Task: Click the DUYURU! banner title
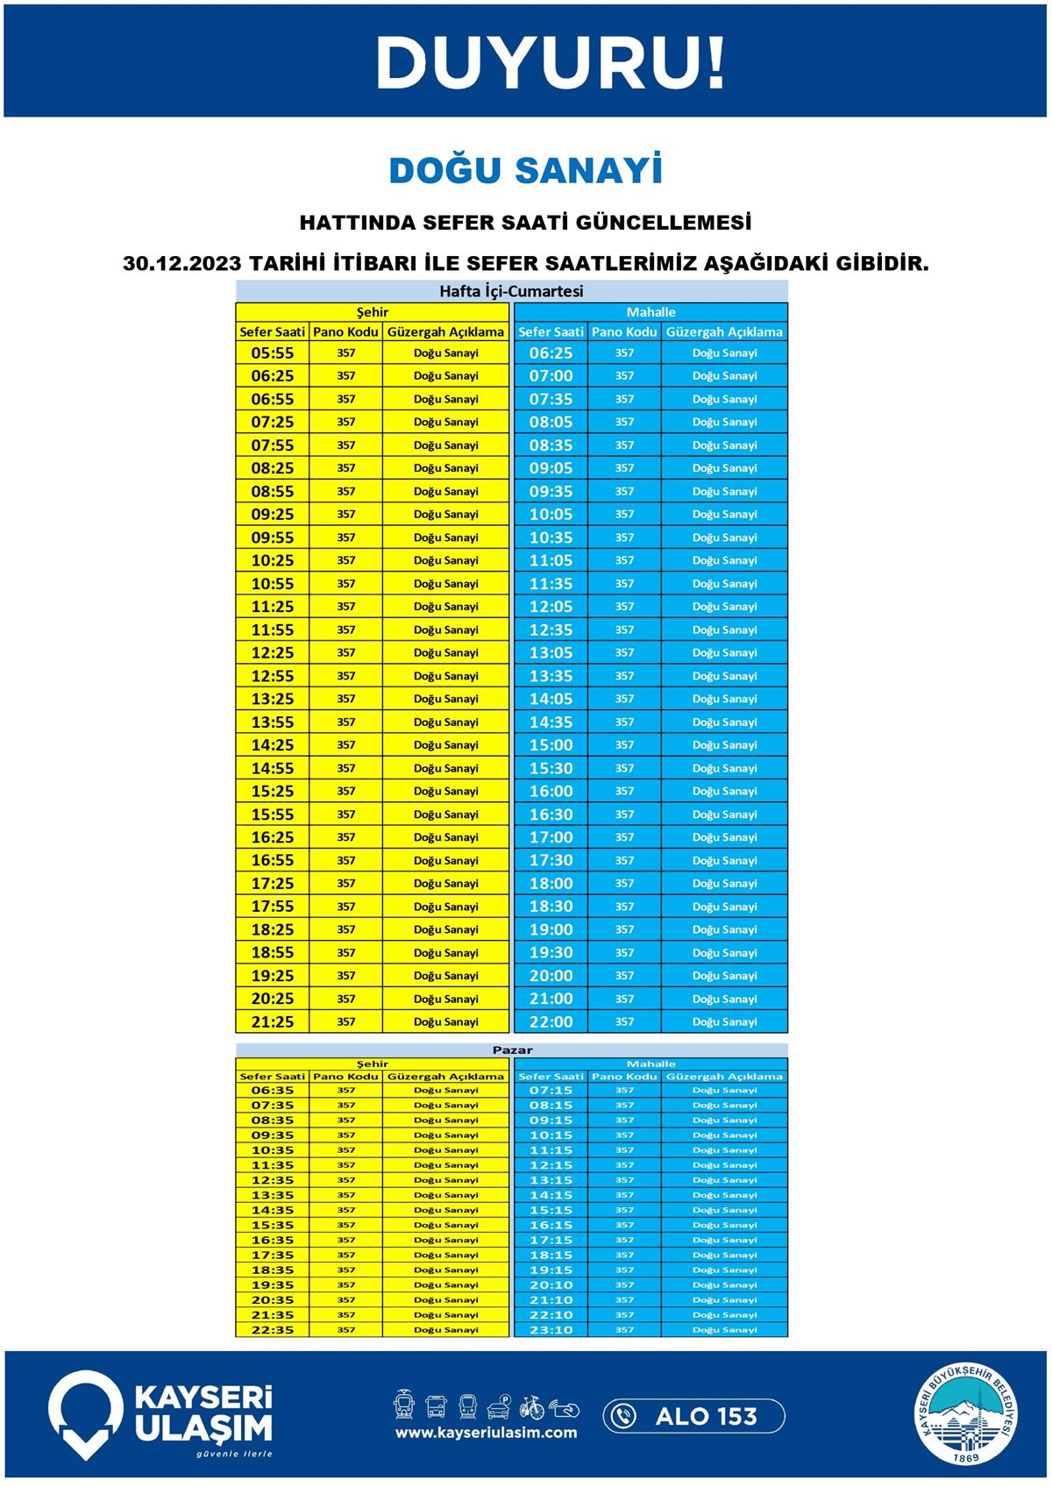coord(550,63)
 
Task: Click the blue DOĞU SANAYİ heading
coord(525,171)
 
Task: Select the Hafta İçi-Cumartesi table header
coord(511,291)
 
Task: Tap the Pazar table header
coord(511,1049)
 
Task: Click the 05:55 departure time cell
coord(273,353)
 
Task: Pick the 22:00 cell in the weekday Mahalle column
coord(551,1021)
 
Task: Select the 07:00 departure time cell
coord(551,376)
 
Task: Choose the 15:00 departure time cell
coord(551,745)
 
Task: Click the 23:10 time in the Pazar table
coord(551,1330)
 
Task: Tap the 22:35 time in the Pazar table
coord(273,1330)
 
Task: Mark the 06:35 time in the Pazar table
coord(273,1091)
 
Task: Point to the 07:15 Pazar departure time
coord(551,1091)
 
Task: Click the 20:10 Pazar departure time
coord(551,1285)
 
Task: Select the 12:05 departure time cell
coord(551,607)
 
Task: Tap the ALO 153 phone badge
coord(693,1416)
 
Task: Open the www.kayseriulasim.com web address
coord(486,1433)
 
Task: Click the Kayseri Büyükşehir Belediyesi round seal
coord(967,1415)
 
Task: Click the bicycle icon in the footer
coord(531,1407)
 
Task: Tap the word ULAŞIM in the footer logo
coord(203,1428)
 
